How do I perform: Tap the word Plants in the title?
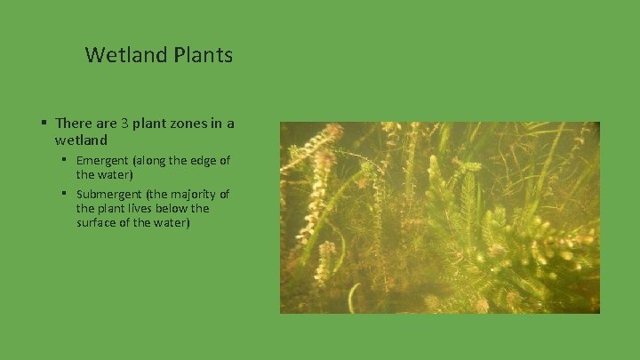pos(204,55)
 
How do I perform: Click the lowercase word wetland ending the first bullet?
pos(81,140)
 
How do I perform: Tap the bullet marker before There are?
pos(43,123)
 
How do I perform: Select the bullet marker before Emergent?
pos(65,160)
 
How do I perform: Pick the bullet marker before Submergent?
pos(65,193)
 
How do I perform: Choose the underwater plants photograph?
pos(440,218)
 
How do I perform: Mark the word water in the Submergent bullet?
pos(167,222)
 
